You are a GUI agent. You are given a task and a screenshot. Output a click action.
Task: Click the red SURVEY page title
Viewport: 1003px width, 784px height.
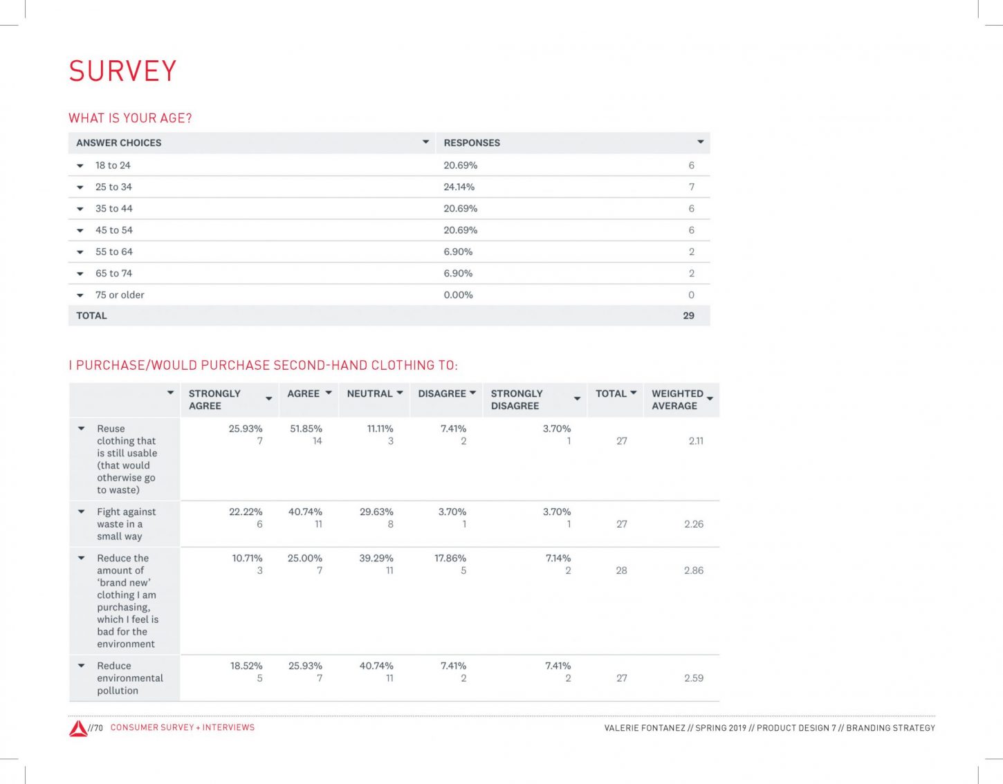pyautogui.click(x=122, y=71)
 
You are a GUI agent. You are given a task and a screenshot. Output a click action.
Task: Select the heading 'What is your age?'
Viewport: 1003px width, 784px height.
pyautogui.click(x=130, y=118)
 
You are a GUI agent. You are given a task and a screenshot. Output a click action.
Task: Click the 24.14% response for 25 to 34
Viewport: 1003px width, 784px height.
pyautogui.click(x=459, y=187)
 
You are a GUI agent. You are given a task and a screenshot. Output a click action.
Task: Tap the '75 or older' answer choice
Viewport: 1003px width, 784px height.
pyautogui.click(x=120, y=295)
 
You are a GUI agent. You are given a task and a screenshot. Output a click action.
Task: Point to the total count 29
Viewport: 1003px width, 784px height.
pyautogui.click(x=688, y=315)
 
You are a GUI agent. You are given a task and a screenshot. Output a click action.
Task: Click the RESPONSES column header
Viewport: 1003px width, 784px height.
pyautogui.click(x=472, y=142)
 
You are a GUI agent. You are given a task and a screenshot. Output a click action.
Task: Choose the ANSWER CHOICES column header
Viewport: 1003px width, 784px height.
pyautogui.click(x=118, y=142)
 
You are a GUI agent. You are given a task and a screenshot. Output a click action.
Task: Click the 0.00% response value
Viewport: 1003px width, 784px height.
pyautogui.click(x=458, y=295)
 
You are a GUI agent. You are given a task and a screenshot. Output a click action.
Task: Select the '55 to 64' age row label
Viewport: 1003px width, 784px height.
pyautogui.click(x=113, y=252)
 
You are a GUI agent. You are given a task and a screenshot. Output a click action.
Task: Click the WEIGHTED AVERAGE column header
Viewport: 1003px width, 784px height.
pyautogui.click(x=677, y=400)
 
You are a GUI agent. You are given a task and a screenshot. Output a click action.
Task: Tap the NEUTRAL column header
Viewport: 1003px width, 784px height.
pyautogui.click(x=369, y=393)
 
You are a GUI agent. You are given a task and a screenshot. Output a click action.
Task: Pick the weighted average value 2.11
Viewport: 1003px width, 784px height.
pyautogui.click(x=696, y=440)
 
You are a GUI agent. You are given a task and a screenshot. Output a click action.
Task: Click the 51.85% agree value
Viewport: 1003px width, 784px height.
pyautogui.click(x=306, y=429)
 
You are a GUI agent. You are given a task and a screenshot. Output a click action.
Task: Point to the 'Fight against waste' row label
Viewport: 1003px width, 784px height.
pyautogui.click(x=126, y=524)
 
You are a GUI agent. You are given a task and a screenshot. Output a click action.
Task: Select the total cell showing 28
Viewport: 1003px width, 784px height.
pyautogui.click(x=621, y=570)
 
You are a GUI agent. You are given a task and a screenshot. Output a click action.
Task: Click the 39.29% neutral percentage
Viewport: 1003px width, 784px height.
pyautogui.click(x=376, y=558)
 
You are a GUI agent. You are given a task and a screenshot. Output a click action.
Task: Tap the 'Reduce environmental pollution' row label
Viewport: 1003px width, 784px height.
pyautogui.click(x=129, y=678)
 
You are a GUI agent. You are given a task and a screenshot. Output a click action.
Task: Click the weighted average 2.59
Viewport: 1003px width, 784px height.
pyautogui.click(x=693, y=678)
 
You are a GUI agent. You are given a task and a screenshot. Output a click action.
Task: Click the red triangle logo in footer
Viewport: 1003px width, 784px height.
pyautogui.click(x=78, y=728)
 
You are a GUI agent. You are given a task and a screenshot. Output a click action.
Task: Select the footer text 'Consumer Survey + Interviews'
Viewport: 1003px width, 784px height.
pyautogui.click(x=183, y=727)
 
